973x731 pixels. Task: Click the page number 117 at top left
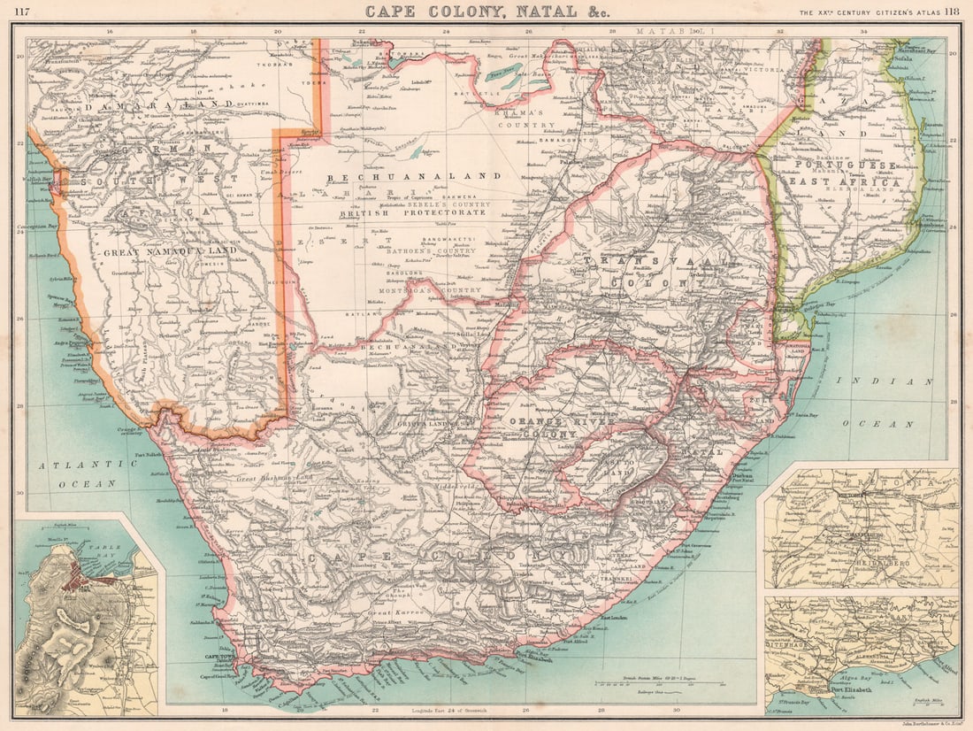pyautogui.click(x=22, y=12)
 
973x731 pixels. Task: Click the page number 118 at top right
pyautogui.click(x=951, y=12)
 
